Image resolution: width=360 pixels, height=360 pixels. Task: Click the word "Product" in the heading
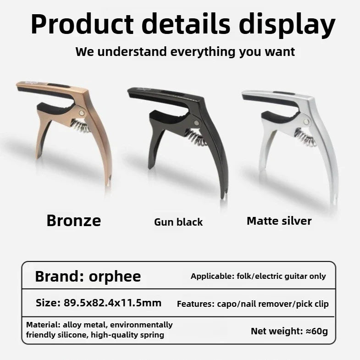[x=82, y=24]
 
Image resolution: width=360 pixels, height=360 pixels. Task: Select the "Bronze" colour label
[x=74, y=221]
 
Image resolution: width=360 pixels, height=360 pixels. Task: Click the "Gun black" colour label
[x=178, y=222]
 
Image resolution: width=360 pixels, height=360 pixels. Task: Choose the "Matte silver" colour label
[x=279, y=221]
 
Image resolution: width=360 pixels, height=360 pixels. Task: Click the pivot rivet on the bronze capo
[x=82, y=113]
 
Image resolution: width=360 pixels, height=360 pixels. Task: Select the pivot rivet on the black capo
[x=196, y=123]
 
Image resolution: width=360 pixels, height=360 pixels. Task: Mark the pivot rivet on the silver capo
[x=306, y=122]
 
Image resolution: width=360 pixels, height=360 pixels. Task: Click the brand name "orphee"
[x=115, y=277]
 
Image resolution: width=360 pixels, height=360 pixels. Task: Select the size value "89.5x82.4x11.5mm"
[x=112, y=303]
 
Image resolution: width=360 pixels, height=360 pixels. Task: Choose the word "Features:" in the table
[x=196, y=304]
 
